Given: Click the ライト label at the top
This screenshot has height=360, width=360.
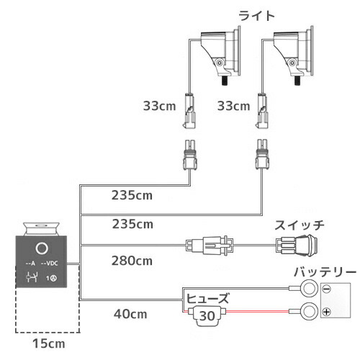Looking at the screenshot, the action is click(x=256, y=16).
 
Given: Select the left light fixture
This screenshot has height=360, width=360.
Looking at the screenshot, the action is click(x=221, y=55).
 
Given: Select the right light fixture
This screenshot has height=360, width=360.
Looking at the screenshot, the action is click(x=294, y=55).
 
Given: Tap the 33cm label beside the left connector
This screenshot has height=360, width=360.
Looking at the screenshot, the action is click(x=159, y=106).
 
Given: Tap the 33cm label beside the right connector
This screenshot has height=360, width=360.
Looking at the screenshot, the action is click(x=233, y=106).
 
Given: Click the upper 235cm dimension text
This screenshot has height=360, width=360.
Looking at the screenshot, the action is click(x=132, y=195).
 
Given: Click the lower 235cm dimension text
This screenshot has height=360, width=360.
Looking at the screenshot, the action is click(x=132, y=224).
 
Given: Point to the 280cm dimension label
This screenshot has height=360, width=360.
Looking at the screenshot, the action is click(x=132, y=261).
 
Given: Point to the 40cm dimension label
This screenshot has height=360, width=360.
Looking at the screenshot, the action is click(x=130, y=314).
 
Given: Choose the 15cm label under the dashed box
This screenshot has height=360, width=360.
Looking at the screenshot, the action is click(x=49, y=343).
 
